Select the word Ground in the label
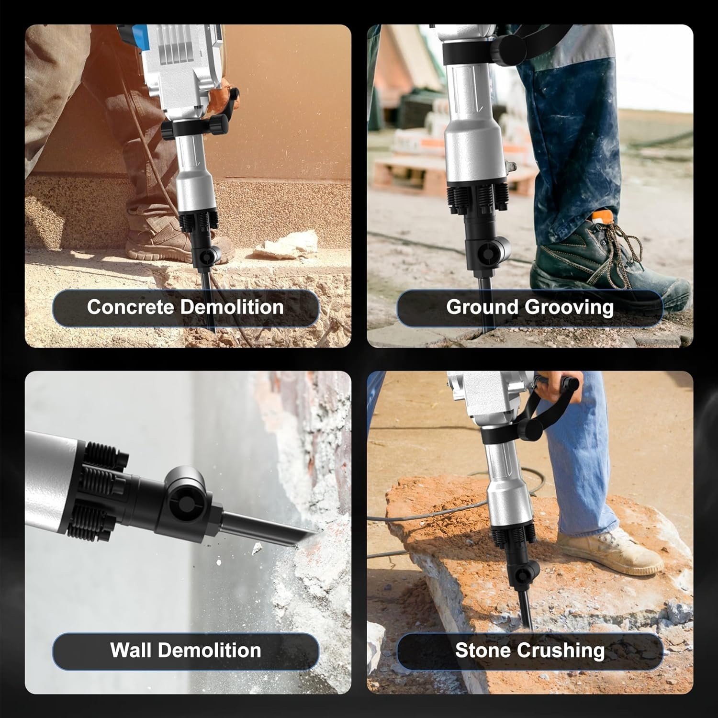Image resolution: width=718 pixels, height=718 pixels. (482, 307)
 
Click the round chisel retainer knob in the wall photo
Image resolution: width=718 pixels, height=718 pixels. (185, 500)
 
